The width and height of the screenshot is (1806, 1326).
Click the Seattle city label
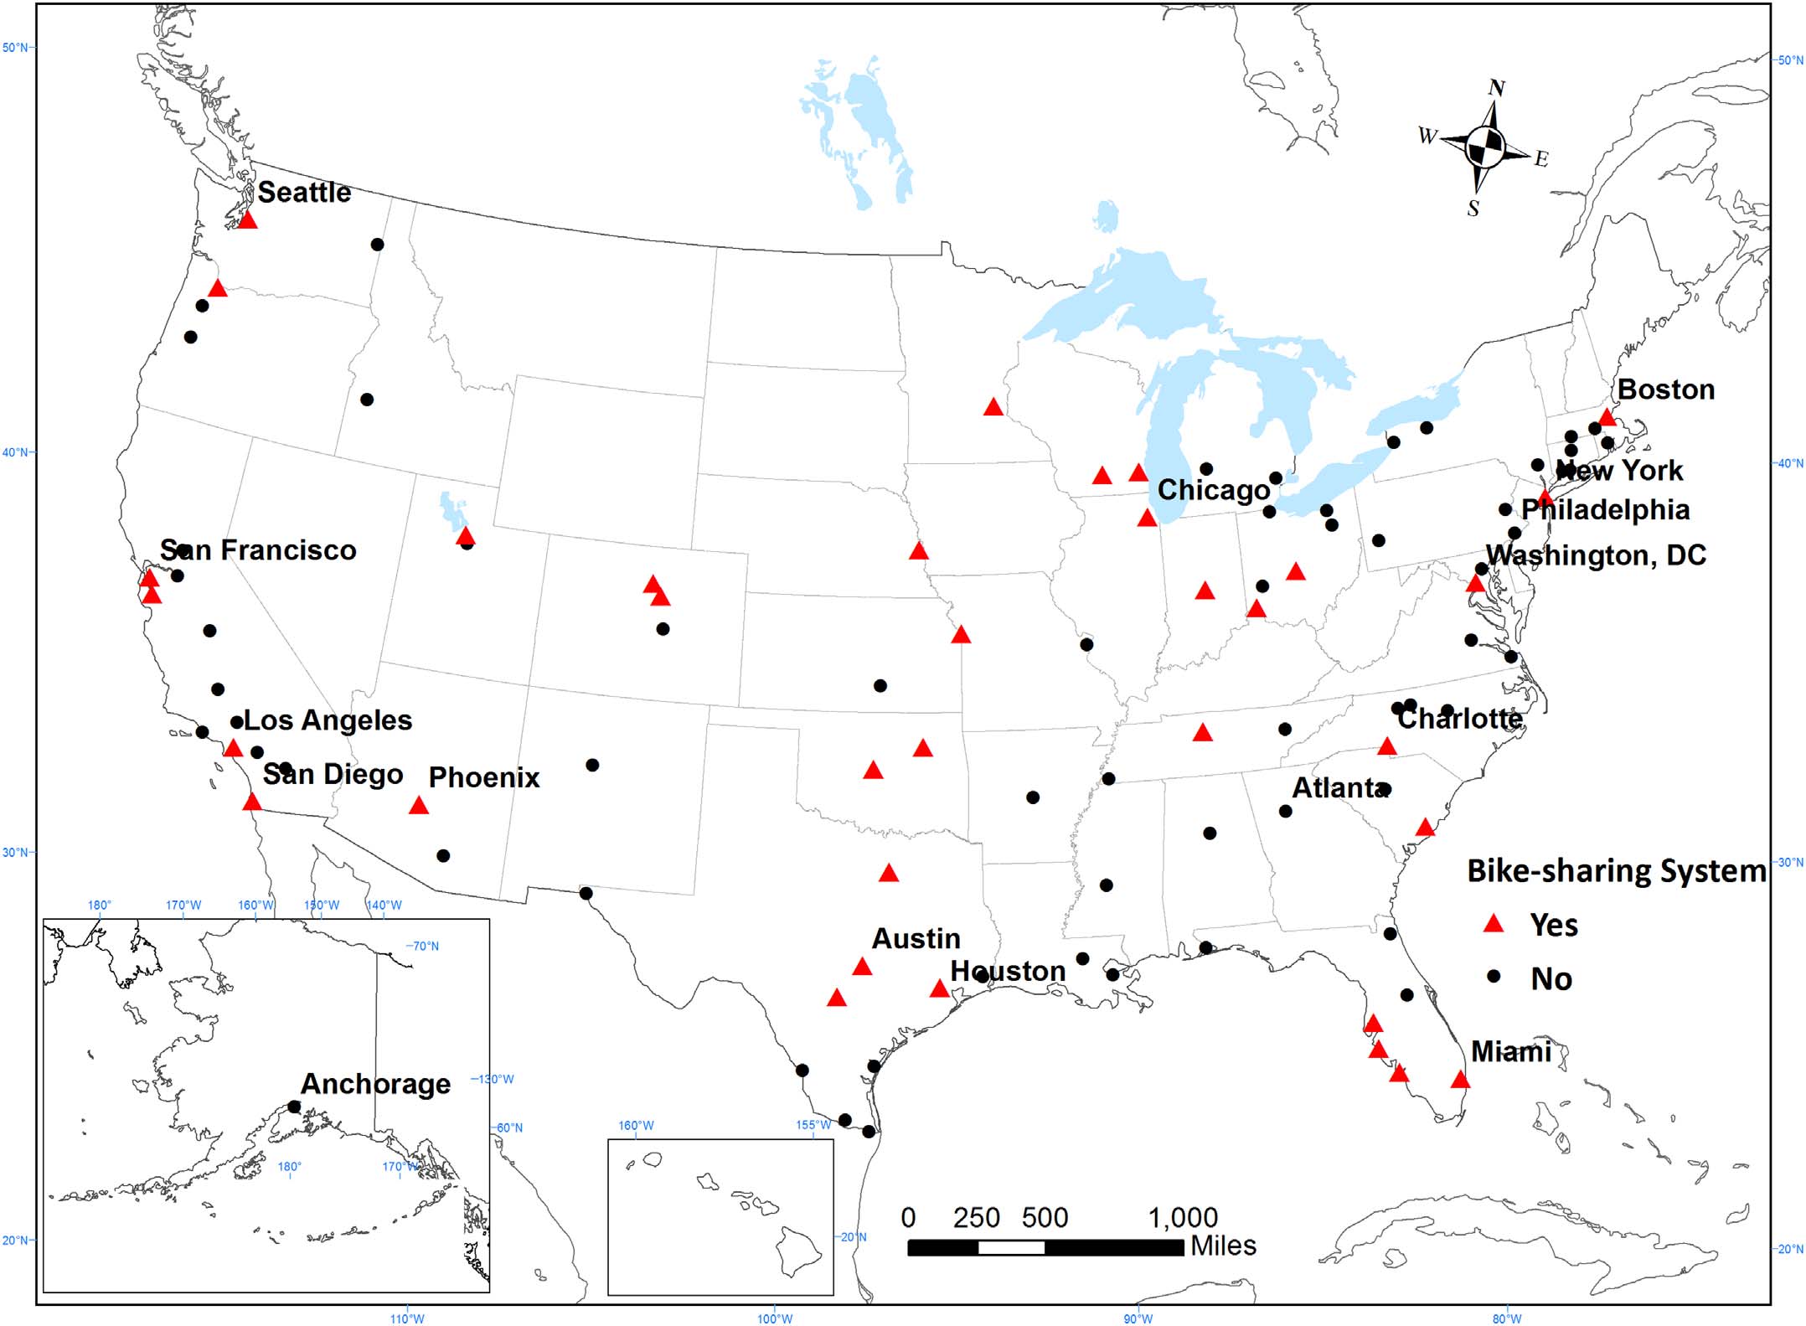(304, 193)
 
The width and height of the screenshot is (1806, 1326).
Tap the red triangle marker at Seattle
(247, 220)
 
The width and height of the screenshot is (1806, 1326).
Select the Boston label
(1665, 390)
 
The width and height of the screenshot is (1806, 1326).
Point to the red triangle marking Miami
(1460, 1081)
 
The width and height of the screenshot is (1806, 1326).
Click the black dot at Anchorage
(294, 1107)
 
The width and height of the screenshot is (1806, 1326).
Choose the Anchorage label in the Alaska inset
(375, 1084)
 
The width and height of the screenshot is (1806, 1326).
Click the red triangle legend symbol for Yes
(1493, 925)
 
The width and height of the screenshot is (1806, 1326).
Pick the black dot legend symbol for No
(1493, 977)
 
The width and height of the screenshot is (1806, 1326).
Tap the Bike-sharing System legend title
(1616, 871)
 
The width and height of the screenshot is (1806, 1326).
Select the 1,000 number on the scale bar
(1182, 1217)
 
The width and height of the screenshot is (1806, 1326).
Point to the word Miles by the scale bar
(1223, 1246)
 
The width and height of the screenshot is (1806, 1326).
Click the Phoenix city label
(483, 777)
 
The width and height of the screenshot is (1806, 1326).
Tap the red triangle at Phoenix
(419, 807)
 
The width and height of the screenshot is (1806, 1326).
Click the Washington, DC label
(1595, 555)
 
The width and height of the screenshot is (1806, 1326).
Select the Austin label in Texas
(916, 938)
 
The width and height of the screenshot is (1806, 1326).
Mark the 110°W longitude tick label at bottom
(407, 1318)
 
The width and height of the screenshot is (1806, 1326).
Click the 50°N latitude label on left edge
(16, 48)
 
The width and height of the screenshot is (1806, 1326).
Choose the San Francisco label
(258, 550)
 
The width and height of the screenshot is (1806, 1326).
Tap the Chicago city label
(1213, 490)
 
